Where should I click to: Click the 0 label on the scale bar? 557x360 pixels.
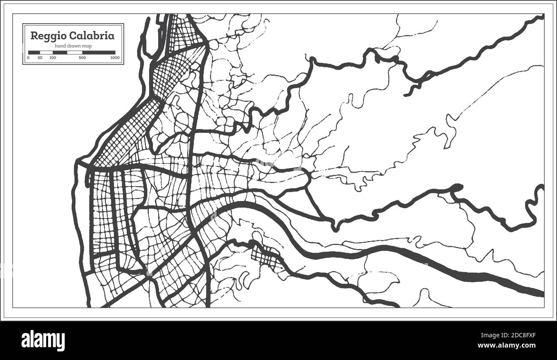28,57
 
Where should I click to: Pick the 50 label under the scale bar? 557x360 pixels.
40,57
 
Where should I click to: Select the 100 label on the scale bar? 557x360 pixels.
52,57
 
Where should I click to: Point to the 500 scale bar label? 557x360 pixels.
82,57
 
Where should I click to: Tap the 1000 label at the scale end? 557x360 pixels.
114,57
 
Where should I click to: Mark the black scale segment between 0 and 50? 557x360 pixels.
34,52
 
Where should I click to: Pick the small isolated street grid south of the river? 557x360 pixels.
266,257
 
